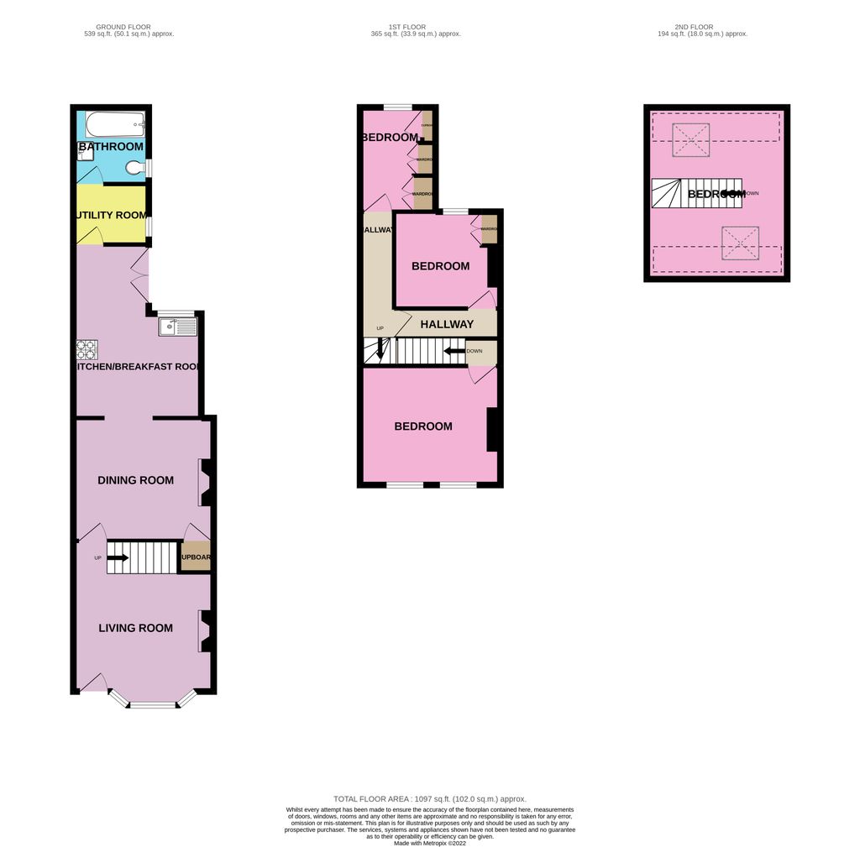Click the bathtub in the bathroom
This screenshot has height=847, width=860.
coord(116,125)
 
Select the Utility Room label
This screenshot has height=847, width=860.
coord(111,216)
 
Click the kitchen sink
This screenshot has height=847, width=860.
coord(177,326)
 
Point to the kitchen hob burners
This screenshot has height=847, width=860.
coord(87,348)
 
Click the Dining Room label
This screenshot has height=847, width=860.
coord(135,480)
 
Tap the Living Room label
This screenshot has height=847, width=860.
coord(135,628)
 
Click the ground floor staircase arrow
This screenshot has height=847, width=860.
coord(118,557)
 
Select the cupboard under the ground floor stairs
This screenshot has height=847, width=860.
coord(196,558)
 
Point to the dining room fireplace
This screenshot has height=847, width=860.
coord(204,483)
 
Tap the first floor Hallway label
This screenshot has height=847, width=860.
coord(446,324)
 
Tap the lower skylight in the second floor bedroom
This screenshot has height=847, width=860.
coord(740,243)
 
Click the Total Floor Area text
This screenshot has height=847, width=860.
coord(429,799)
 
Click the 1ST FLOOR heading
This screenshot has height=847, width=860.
coord(416,27)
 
